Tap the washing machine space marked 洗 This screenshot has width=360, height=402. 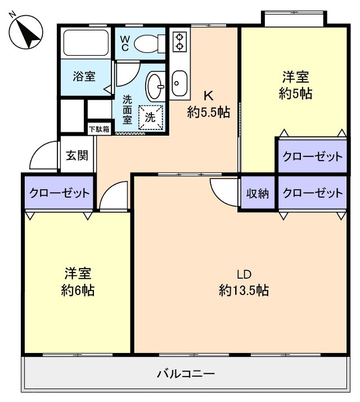(x=150, y=118)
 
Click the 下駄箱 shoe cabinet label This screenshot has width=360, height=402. (x=100, y=129)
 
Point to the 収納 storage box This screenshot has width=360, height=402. (x=258, y=193)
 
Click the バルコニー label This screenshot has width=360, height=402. (x=186, y=373)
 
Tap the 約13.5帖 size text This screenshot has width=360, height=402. (x=244, y=291)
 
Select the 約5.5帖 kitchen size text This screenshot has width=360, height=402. (x=208, y=112)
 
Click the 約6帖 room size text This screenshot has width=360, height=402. (x=78, y=291)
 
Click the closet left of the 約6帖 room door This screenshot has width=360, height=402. (x=58, y=193)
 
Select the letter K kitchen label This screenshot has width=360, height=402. (x=208, y=94)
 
